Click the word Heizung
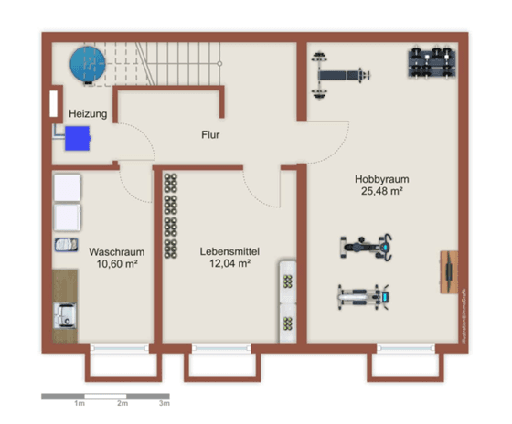click(x=88, y=114)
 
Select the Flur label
click(x=210, y=134)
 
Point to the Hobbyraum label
click(x=380, y=179)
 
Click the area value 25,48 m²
click(x=380, y=192)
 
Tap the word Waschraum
click(x=113, y=250)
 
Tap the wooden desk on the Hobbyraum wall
click(x=448, y=271)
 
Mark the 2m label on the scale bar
click(x=122, y=403)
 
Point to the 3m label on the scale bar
click(x=164, y=403)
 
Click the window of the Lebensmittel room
click(x=220, y=348)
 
